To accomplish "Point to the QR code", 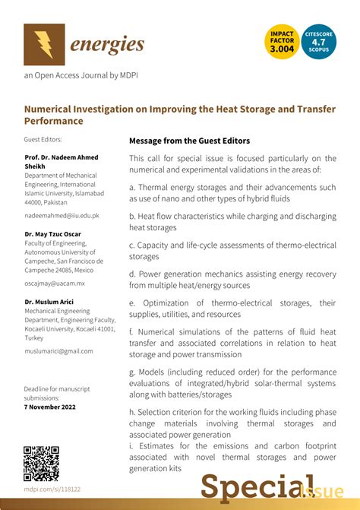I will coord(41,463).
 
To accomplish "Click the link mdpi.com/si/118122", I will coord(52,490).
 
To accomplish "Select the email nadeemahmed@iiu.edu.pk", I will coord(62,215).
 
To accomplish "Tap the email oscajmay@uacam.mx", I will coord(55,283).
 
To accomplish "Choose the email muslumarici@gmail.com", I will coord(58,350).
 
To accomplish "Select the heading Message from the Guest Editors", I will coord(189,141).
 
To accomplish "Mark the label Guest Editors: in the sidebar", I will coord(43,139).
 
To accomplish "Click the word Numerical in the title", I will coord(52,109).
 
